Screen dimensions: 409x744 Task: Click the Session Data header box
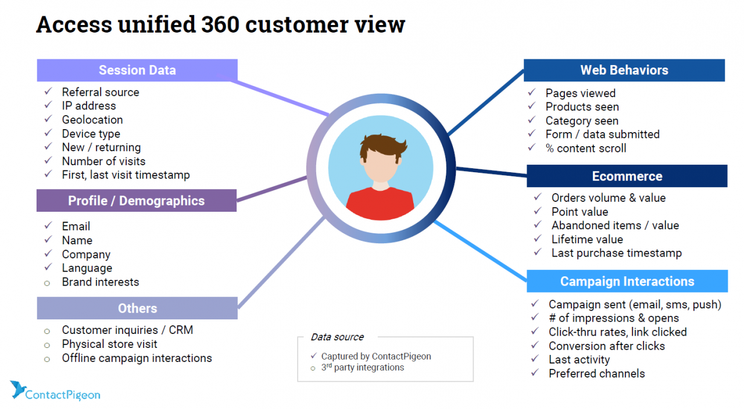[137, 70]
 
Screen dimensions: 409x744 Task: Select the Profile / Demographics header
[137, 201]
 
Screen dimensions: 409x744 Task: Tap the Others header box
[137, 308]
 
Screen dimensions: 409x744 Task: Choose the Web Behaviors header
[624, 70]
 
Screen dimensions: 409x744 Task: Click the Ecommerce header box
[627, 176]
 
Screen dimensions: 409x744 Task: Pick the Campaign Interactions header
[627, 282]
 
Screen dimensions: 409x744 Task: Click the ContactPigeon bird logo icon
[17, 390]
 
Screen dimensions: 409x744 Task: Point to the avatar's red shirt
[380, 204]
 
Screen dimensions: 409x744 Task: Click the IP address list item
[89, 106]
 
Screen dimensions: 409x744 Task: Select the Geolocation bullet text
[92, 120]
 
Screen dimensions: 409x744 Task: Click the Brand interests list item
[101, 282]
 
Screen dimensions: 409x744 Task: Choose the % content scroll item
[586, 148]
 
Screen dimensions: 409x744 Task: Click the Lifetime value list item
[587, 239]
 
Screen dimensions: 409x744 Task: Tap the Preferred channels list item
[596, 374]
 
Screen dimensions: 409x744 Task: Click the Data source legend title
[337, 337]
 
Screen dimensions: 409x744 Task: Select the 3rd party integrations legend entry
[362, 368]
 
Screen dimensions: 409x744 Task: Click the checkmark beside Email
[48, 226]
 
